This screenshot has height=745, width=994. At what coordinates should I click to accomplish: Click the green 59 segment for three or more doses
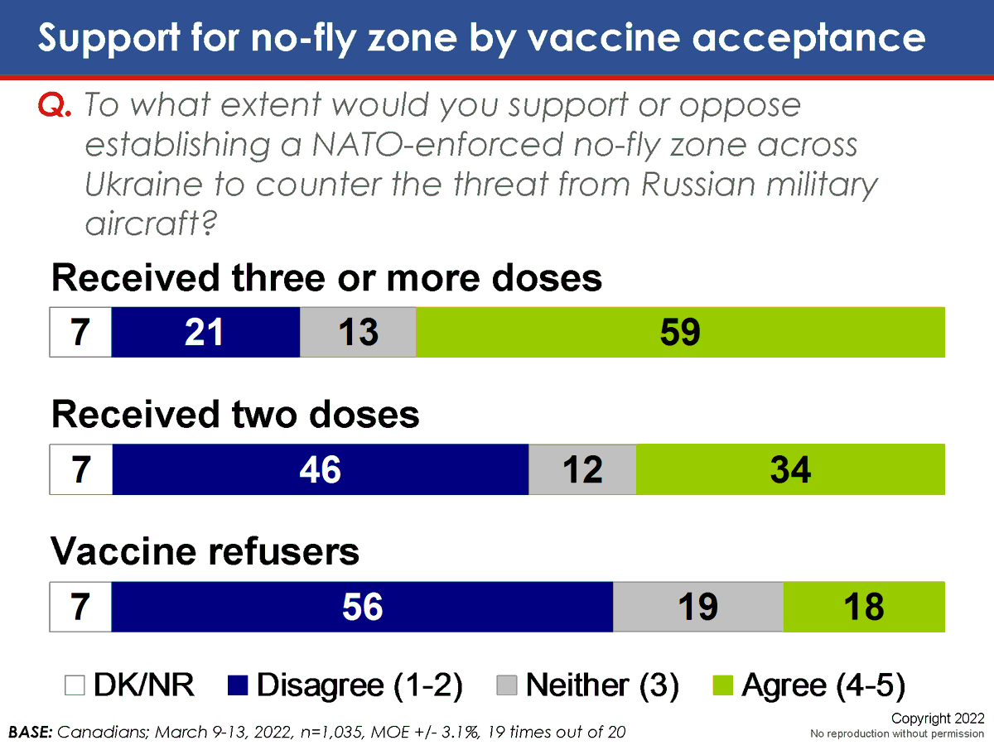coord(680,332)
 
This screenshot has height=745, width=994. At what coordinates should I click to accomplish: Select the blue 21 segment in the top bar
coord(205,332)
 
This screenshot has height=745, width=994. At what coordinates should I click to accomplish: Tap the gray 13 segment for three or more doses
coord(358,332)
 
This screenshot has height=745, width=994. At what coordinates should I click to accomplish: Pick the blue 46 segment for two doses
coord(321,469)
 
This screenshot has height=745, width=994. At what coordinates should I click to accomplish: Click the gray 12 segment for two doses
coord(582,469)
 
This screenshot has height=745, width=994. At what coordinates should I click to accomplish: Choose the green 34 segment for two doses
coord(790,469)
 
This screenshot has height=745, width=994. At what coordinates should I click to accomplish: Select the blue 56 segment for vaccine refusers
coord(362,607)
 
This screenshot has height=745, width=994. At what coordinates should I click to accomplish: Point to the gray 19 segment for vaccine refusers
coord(697,607)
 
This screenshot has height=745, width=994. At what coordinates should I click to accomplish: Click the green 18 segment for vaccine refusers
coord(864,607)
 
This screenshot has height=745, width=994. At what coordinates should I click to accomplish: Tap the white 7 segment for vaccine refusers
coord(80,607)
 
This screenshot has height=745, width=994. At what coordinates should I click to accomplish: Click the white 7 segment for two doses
coord(80,469)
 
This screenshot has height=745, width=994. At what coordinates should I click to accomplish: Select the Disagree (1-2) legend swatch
coord(239,685)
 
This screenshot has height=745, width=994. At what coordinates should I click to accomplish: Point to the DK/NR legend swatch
coord(75,685)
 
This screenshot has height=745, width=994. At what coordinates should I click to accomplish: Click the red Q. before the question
coord(56,107)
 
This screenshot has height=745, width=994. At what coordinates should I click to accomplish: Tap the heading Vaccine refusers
coord(205,551)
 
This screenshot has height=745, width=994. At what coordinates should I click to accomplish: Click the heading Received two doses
coord(235,415)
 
